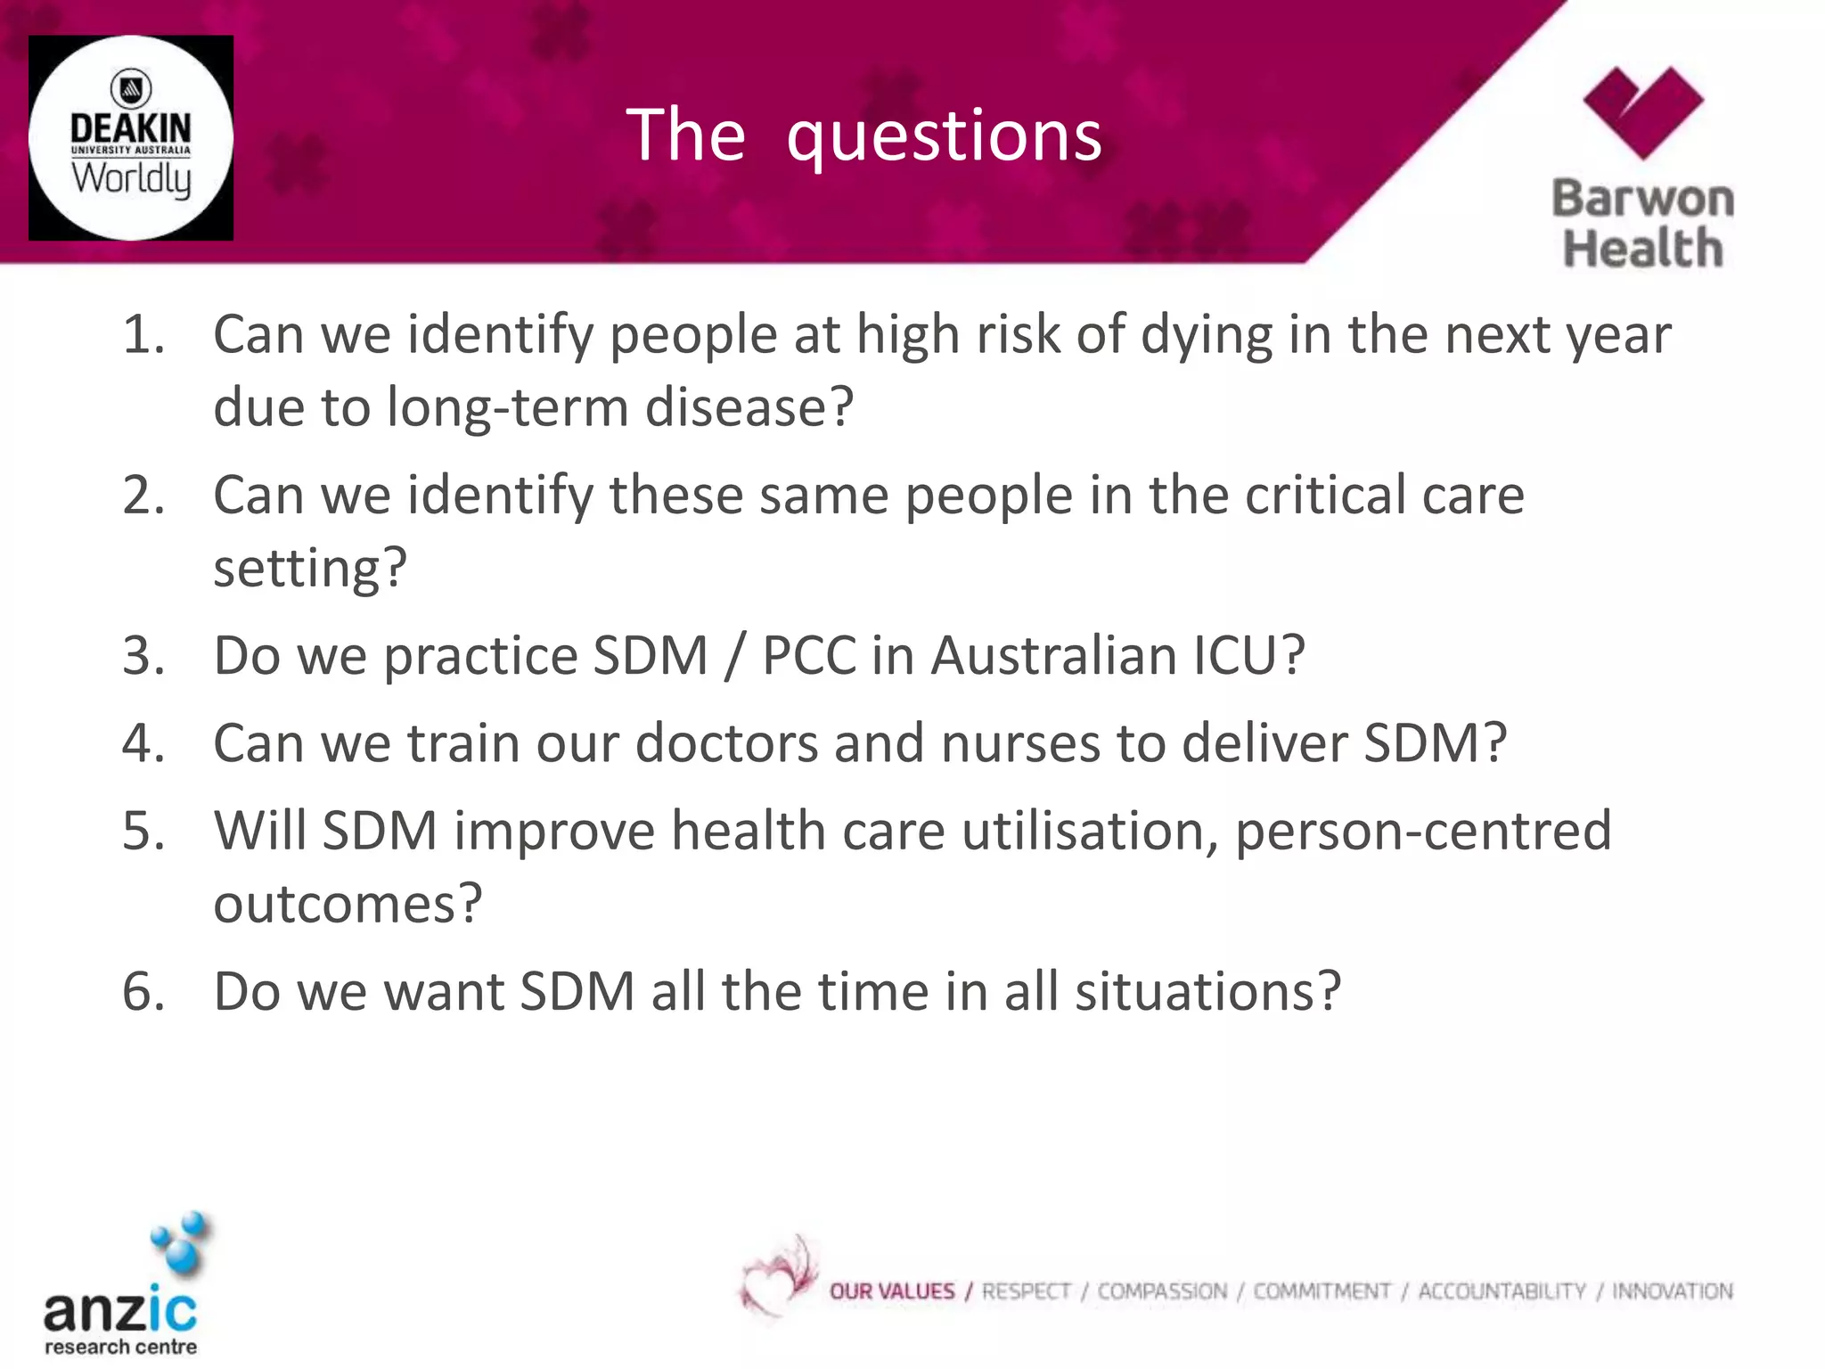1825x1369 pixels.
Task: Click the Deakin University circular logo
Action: click(x=131, y=138)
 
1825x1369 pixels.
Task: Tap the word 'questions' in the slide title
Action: click(x=944, y=135)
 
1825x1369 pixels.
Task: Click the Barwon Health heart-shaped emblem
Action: click(x=1642, y=111)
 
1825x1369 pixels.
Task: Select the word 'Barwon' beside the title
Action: click(x=1642, y=198)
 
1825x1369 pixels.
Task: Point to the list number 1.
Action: click(x=143, y=335)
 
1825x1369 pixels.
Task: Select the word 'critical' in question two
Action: click(x=1324, y=495)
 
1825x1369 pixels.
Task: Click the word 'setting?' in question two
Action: click(x=310, y=568)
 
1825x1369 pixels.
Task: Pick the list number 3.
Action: click(x=143, y=656)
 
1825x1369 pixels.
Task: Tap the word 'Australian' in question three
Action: click(x=1053, y=656)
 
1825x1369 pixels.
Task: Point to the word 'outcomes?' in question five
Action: click(x=348, y=904)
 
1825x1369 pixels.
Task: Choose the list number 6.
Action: click(x=143, y=991)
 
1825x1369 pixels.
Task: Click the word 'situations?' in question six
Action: click(x=1207, y=991)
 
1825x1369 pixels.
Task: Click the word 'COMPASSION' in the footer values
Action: click(x=1161, y=1291)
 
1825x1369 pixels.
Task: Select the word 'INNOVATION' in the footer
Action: click(x=1672, y=1291)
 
